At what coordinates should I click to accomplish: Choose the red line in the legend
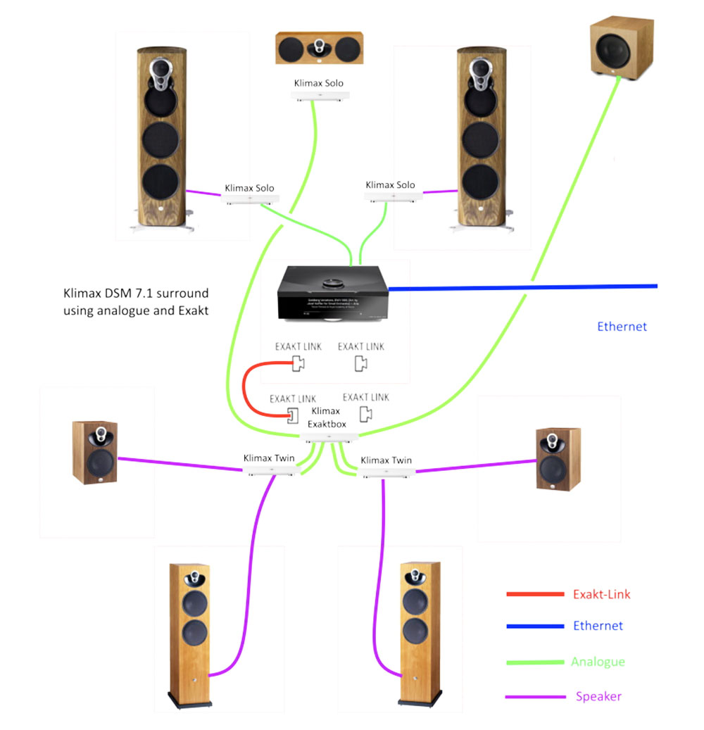tap(535, 595)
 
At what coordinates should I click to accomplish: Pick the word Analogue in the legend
tap(598, 662)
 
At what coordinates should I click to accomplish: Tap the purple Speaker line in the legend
tap(535, 697)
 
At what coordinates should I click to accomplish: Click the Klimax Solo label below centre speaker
tap(319, 84)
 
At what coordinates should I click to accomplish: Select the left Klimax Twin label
tap(269, 458)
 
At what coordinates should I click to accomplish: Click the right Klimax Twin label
tap(386, 460)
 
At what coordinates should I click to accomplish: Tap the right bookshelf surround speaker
tap(558, 458)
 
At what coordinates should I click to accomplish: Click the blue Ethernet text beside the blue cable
tap(622, 327)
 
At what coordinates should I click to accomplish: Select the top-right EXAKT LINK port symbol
tap(360, 363)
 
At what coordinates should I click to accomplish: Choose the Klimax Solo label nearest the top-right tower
tap(390, 185)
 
